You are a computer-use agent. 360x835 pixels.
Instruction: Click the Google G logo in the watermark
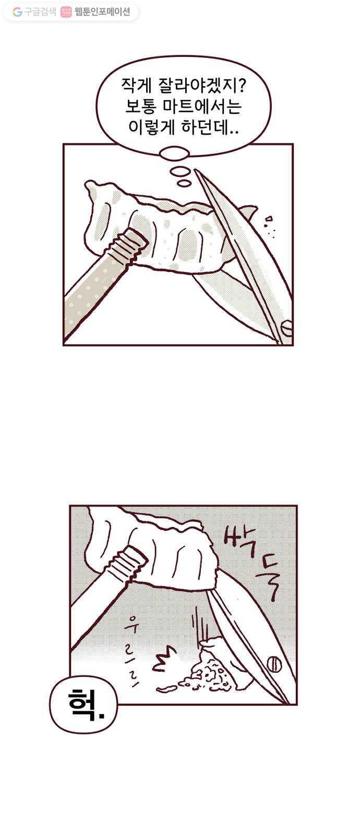pyautogui.click(x=17, y=12)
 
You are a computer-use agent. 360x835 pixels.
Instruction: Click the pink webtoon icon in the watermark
pyautogui.click(x=66, y=12)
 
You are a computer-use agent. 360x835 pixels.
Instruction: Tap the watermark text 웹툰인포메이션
pyautogui.click(x=102, y=12)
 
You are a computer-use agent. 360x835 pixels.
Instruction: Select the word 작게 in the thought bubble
pyautogui.click(x=136, y=87)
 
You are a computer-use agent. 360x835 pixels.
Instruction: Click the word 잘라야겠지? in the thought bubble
pyautogui.click(x=202, y=87)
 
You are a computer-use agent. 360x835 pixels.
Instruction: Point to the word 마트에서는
pyautogui.click(x=202, y=107)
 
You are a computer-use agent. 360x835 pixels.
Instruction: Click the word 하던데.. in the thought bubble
pyautogui.click(x=210, y=127)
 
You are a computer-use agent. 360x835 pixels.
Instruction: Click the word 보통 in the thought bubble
pyautogui.click(x=140, y=107)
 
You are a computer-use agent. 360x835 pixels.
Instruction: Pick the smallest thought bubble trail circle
pyautogui.click(x=183, y=183)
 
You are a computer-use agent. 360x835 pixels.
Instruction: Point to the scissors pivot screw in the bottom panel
pyautogui.click(x=274, y=663)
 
